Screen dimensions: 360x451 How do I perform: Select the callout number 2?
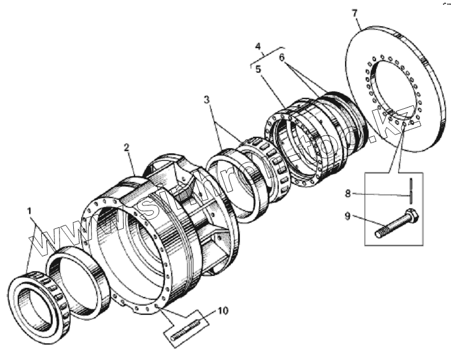point(126,147)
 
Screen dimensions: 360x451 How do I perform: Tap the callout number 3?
point(207,100)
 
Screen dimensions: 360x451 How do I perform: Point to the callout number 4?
point(258,46)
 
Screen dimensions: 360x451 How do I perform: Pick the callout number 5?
point(259,69)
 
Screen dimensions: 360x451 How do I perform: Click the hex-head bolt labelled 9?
point(395,226)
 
